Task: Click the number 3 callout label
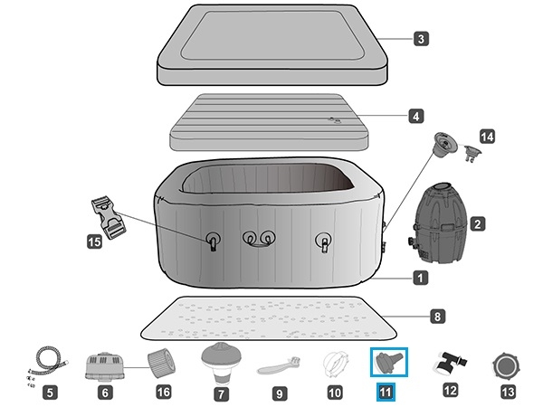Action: pos(422,39)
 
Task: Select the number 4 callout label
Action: pos(415,116)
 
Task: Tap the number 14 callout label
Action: pos(488,137)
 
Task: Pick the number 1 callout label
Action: pos(421,278)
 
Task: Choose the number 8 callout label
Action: pos(437,317)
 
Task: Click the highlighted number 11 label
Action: pos(387,393)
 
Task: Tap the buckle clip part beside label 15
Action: pos(107,218)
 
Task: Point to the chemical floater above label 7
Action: pos(219,361)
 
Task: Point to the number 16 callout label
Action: pos(164,393)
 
